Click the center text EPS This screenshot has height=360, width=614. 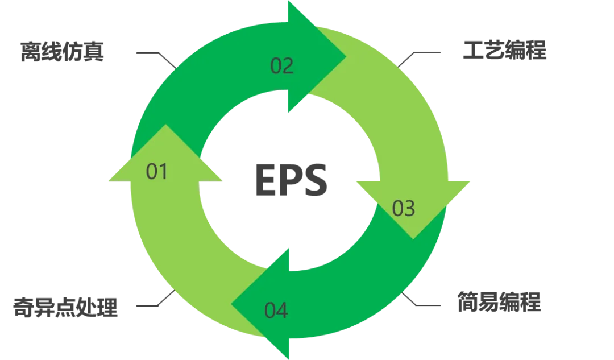291,180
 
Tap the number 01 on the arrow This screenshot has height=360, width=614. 157,172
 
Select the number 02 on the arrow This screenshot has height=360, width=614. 282,66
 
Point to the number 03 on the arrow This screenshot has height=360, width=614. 404,208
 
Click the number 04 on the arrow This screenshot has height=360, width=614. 276,311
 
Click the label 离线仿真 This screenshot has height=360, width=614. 63,51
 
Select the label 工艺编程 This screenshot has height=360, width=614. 505,50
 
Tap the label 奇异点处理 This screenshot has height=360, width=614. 65,307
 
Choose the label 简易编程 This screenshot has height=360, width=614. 499,301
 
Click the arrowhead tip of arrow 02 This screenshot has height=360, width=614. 346,56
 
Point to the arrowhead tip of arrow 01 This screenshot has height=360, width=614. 165,125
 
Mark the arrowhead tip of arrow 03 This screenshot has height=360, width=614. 413,239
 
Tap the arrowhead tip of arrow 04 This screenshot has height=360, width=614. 231,304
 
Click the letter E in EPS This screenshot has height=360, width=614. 266,180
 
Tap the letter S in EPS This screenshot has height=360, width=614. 315,180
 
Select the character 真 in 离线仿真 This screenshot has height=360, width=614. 94,51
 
